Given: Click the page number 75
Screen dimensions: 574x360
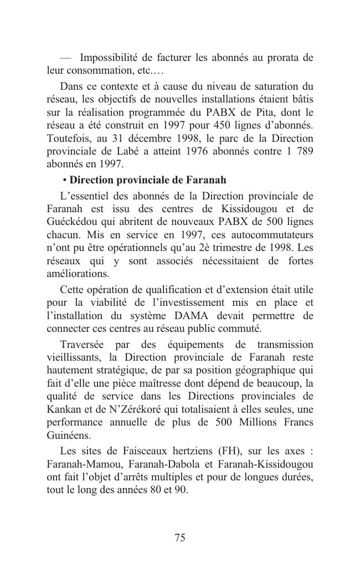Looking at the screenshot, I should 179,537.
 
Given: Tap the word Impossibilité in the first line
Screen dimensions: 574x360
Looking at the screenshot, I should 106,58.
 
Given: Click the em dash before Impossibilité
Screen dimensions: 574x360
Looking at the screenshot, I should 66,58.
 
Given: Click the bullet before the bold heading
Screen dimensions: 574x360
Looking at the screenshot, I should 65,181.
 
